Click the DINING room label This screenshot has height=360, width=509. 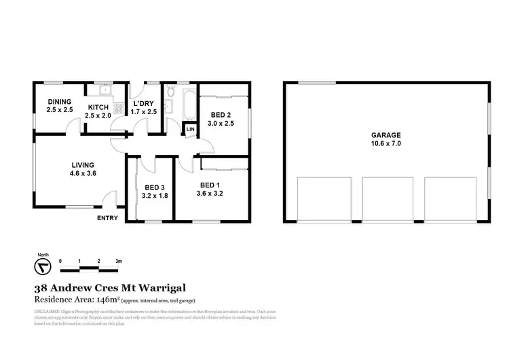point(59,101)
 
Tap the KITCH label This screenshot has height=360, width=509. point(98,107)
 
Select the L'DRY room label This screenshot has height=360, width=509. point(145,103)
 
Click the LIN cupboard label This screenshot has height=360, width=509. point(190,129)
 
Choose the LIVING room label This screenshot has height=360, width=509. point(83,165)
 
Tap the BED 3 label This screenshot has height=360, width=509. point(155,188)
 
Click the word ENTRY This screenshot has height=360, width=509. point(107,218)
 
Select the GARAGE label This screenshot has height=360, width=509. point(385,135)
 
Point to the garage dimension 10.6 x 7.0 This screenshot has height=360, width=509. point(385,145)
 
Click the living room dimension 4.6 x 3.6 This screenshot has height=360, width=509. point(83,174)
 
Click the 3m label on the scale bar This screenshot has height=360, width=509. point(118,261)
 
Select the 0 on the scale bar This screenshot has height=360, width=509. point(60,261)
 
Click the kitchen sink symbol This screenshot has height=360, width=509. point(105,90)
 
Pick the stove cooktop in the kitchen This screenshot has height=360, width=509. point(119,108)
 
